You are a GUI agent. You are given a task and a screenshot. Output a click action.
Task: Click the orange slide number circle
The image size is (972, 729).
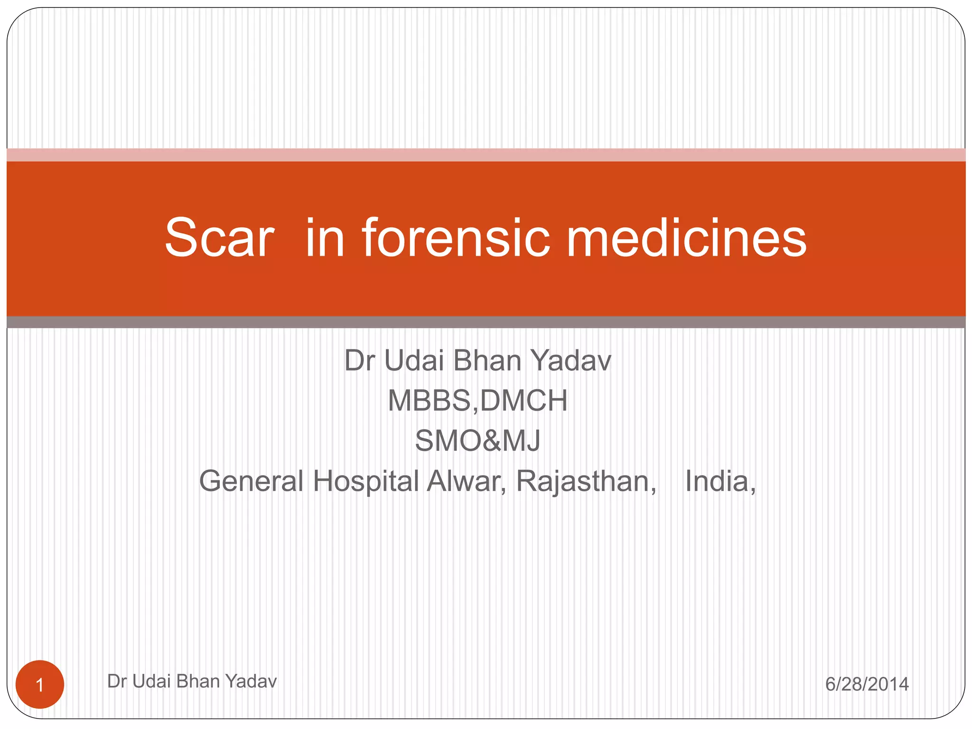(x=40, y=684)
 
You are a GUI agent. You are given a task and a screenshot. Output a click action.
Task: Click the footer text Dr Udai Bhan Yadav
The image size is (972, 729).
(x=192, y=681)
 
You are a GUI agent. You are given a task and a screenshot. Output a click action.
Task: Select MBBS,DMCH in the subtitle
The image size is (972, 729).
(x=477, y=401)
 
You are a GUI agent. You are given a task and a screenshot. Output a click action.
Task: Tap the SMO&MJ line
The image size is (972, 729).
(x=477, y=440)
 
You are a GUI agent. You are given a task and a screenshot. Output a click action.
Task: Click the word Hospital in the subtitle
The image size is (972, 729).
(x=365, y=481)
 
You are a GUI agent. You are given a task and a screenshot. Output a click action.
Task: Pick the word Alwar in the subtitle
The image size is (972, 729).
(x=466, y=481)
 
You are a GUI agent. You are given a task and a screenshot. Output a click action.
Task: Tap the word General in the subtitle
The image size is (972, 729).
(x=251, y=481)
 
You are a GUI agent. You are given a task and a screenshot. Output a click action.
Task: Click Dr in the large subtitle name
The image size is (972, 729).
(x=360, y=361)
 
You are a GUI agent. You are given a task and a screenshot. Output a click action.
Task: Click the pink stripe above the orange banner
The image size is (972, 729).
(x=486, y=155)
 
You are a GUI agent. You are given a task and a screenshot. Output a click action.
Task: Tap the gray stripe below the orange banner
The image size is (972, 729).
(x=486, y=322)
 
